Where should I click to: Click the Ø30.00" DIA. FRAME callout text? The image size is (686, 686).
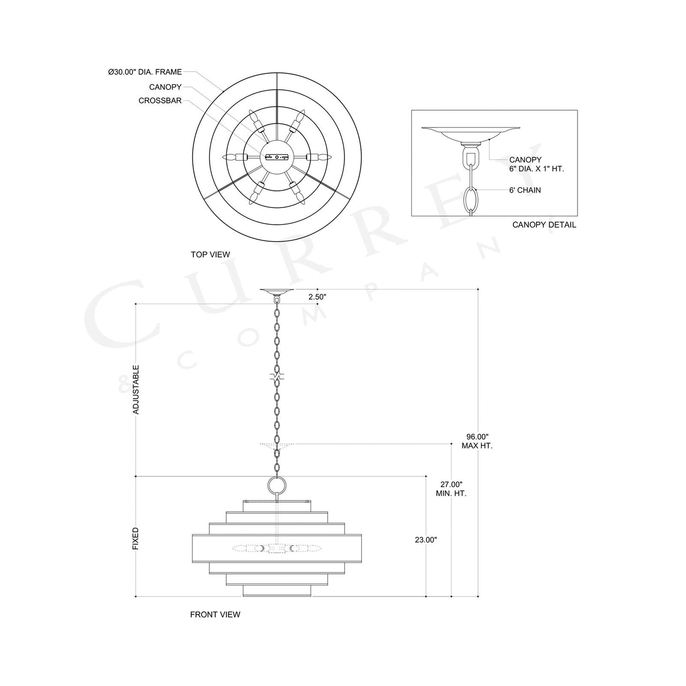(x=145, y=72)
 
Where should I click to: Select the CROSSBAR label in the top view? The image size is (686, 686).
(x=160, y=101)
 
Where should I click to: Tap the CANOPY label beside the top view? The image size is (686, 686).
(x=165, y=87)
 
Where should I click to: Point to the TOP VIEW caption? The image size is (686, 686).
(x=210, y=254)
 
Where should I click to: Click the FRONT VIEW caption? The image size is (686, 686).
(x=215, y=614)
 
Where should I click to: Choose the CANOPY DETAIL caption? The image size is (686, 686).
(x=544, y=225)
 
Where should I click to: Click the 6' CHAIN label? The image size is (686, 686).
(x=525, y=190)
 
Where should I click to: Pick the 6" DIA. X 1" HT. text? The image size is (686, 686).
(x=536, y=169)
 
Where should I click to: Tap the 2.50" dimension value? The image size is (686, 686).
(x=317, y=297)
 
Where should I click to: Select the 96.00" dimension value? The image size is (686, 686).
(x=477, y=436)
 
